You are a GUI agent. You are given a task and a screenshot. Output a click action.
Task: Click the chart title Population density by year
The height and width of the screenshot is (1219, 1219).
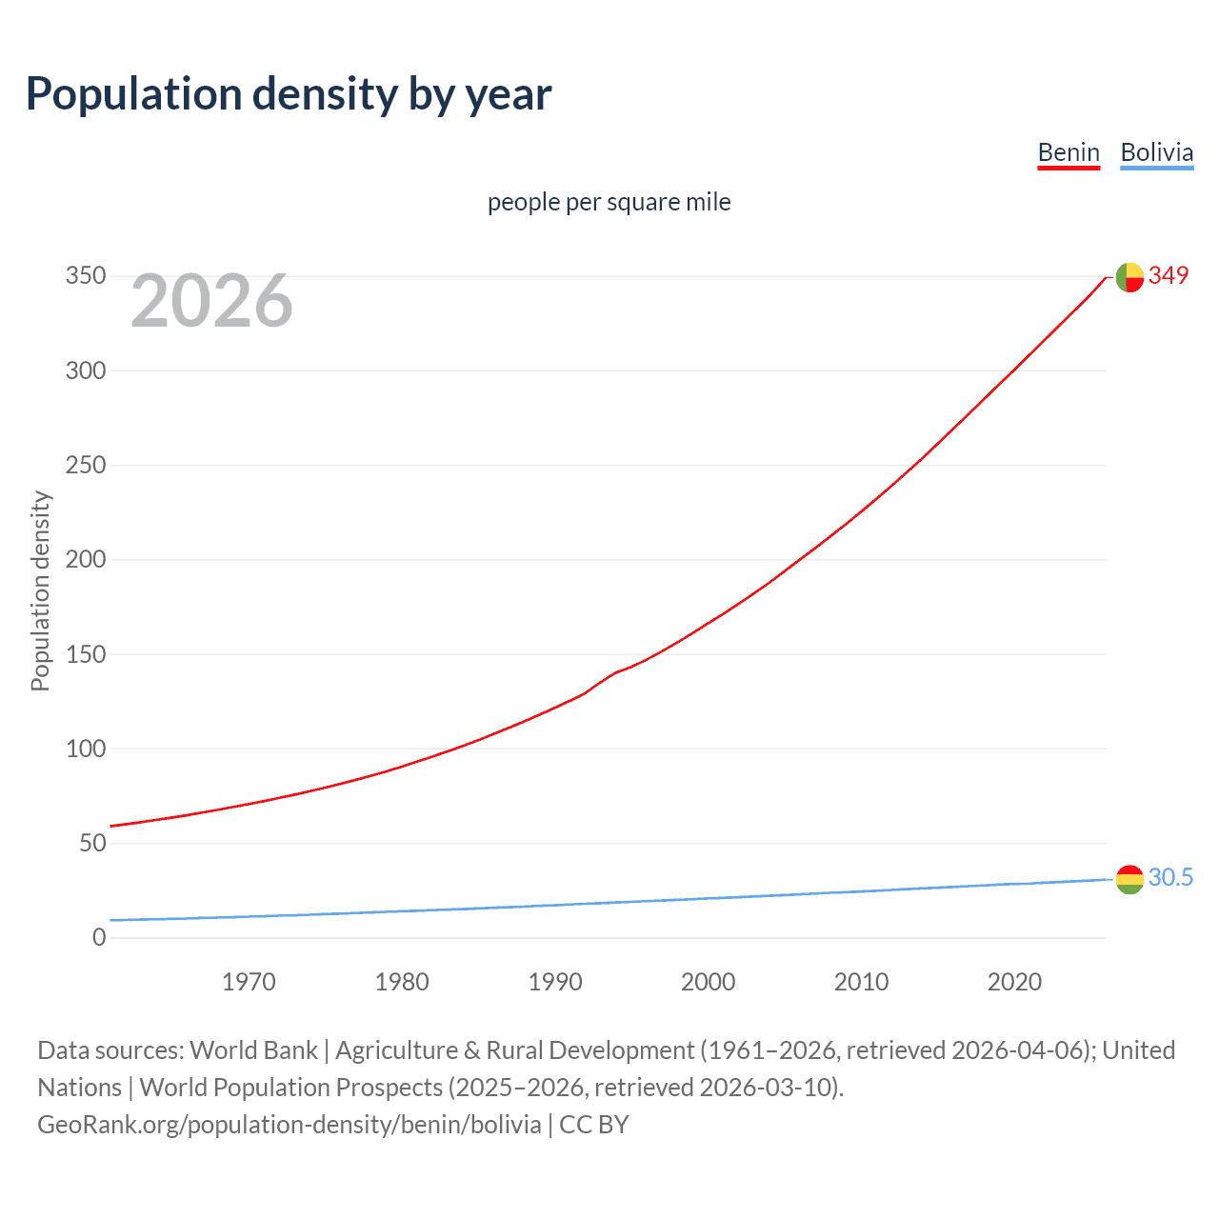(289, 94)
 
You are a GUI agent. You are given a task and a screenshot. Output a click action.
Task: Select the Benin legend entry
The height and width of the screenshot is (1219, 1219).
(1069, 152)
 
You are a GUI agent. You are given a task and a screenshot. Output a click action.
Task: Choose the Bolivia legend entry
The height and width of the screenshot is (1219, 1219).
(1156, 152)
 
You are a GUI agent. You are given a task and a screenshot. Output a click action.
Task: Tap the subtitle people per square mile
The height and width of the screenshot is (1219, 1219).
(609, 202)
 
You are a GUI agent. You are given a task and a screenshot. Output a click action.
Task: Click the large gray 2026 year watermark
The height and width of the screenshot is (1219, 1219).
(211, 301)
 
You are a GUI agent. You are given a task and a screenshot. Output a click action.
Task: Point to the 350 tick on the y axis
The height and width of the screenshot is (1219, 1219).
(85, 276)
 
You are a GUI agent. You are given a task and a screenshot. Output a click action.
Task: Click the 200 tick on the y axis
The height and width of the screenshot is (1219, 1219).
(85, 559)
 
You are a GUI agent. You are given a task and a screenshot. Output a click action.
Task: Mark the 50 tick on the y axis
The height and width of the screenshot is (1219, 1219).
(92, 843)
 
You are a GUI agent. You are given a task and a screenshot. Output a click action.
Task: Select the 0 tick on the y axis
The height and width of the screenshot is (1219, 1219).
(99, 937)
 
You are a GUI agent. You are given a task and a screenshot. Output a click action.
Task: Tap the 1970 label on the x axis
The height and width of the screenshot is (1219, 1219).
(249, 982)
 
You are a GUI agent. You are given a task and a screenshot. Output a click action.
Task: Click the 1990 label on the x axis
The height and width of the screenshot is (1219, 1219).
(555, 982)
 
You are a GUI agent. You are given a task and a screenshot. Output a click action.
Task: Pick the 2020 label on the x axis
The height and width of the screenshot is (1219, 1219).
(1014, 982)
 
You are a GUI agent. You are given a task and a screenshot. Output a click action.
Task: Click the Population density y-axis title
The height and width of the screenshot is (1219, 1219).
(40, 590)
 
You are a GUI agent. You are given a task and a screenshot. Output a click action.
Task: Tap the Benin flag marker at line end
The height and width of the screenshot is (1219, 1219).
(1129, 277)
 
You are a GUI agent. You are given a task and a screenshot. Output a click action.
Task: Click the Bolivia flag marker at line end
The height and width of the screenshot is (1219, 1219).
(1129, 879)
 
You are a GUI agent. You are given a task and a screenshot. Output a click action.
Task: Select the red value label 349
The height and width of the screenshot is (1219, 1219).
(1169, 275)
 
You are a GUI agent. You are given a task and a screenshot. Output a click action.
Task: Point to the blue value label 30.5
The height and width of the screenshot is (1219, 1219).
(1170, 877)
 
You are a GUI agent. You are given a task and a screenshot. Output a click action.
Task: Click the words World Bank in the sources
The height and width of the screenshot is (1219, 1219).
(253, 1050)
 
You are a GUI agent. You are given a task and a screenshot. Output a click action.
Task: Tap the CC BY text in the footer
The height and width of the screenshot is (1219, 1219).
(594, 1125)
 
